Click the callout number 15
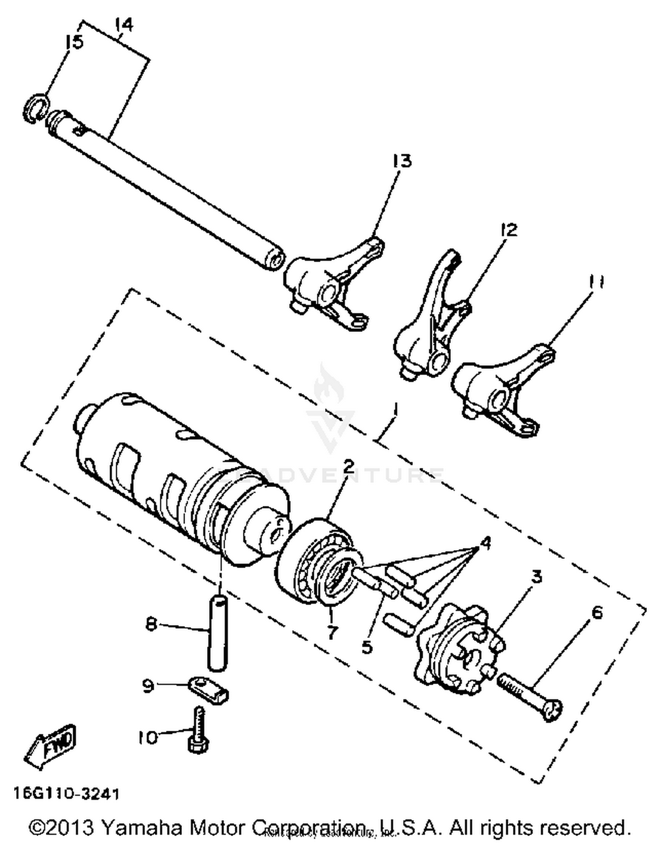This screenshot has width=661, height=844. coord(74,42)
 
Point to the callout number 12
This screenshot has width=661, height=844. coord(509,229)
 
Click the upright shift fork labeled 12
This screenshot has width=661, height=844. coord(434,322)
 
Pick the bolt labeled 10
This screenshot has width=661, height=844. coord(197,729)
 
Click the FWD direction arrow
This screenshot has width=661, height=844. coord(51,745)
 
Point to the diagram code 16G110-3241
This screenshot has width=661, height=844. coord(66,793)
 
